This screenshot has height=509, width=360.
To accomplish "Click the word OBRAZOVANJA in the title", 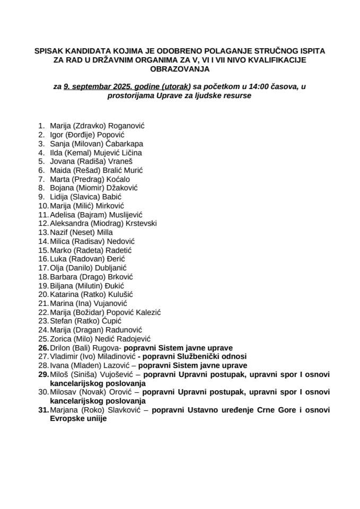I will pos(180,69).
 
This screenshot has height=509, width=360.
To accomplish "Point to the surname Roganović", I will pos(127,126).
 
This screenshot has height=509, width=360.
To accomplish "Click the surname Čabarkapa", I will pos(125,144).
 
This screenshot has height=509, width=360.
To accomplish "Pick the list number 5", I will pos(41,161).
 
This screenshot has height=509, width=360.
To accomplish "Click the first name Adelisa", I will pos(62,215).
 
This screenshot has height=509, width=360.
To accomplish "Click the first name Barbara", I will pos(63,277).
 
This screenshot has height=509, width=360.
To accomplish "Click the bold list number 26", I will pos(42,348).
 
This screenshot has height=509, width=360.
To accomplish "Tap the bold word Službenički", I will pos(203,357).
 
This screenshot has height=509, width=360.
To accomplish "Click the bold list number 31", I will pos(42,410).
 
